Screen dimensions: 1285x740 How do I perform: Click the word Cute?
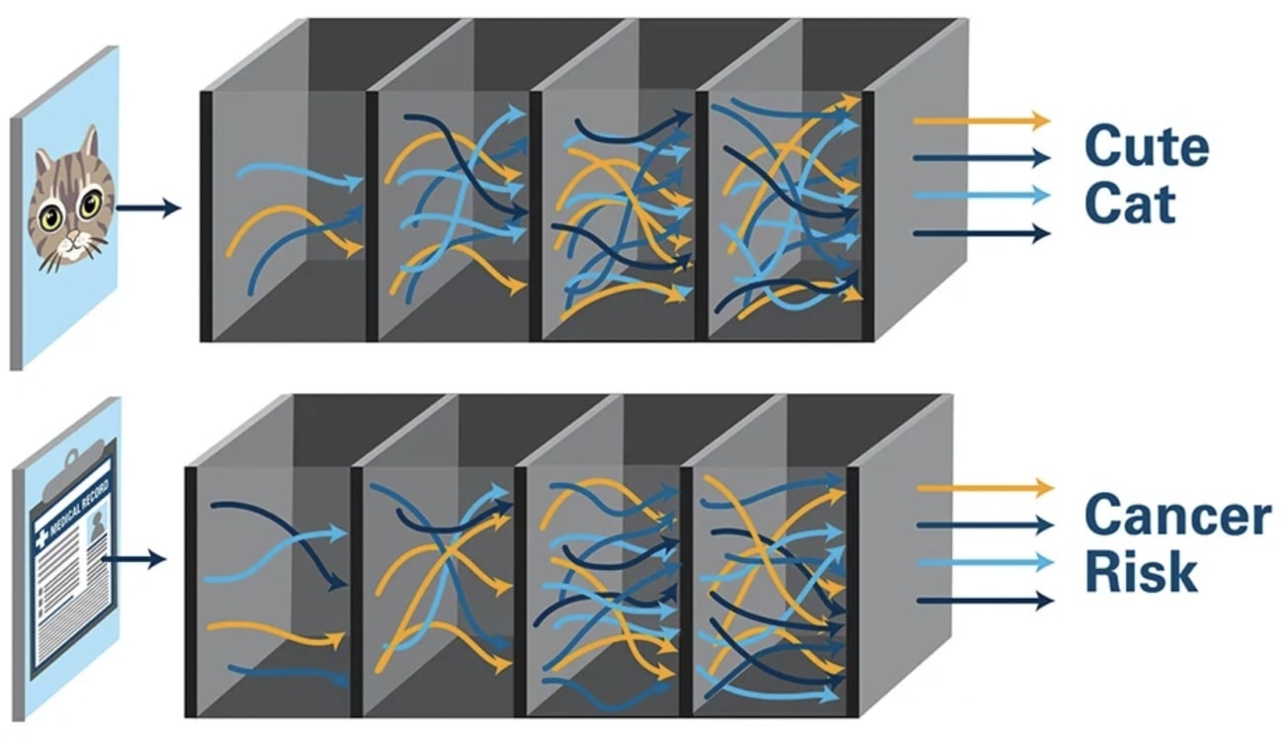tap(1147, 148)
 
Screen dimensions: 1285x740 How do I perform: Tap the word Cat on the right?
tap(1130, 206)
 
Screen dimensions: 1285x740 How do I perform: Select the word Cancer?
tap(1177, 515)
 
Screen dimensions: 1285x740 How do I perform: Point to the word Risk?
tap(1141, 572)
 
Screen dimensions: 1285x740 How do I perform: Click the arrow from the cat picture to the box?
tap(148, 207)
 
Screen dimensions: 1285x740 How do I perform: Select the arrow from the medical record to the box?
tap(133, 560)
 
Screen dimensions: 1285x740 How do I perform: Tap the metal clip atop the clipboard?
tap(71, 460)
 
